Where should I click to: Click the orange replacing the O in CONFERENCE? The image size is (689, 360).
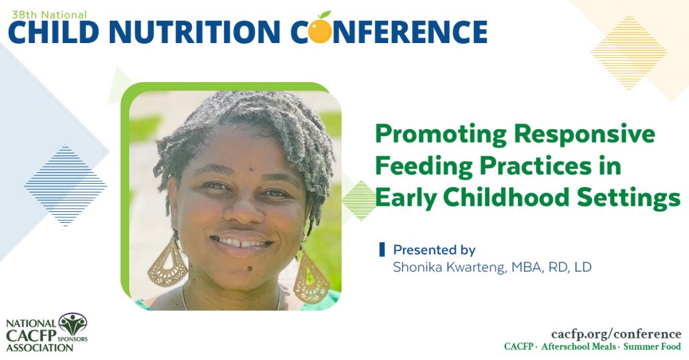(321, 30)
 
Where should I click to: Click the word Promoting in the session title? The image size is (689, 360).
(439, 135)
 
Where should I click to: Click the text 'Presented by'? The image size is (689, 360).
(434, 250)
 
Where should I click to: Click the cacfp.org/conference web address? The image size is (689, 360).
(616, 334)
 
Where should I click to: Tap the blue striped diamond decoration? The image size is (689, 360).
(65, 185)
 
